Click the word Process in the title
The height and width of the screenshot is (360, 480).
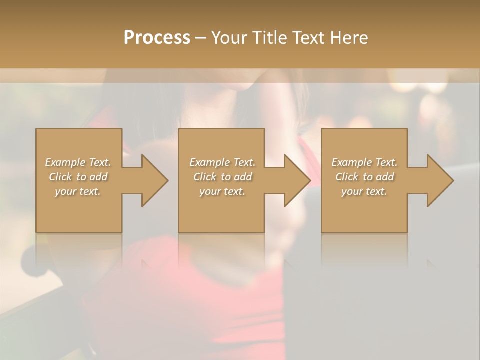click(x=157, y=38)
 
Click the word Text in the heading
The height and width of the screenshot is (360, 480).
click(x=307, y=38)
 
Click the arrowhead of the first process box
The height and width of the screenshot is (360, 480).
click(x=152, y=180)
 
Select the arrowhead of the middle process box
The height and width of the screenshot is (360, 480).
click(x=295, y=180)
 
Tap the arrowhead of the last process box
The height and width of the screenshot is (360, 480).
click(x=438, y=180)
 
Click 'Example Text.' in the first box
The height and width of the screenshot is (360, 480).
click(x=78, y=162)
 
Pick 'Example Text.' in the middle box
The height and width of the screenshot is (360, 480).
click(x=222, y=162)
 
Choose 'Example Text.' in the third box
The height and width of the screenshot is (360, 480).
click(x=364, y=162)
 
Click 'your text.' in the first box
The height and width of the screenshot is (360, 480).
click(x=78, y=191)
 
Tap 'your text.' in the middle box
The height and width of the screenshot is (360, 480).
click(x=222, y=191)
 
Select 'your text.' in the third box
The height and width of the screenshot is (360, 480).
click(x=364, y=191)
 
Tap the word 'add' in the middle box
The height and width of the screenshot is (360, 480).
click(x=243, y=177)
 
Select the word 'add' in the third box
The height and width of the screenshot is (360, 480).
click(x=385, y=177)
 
